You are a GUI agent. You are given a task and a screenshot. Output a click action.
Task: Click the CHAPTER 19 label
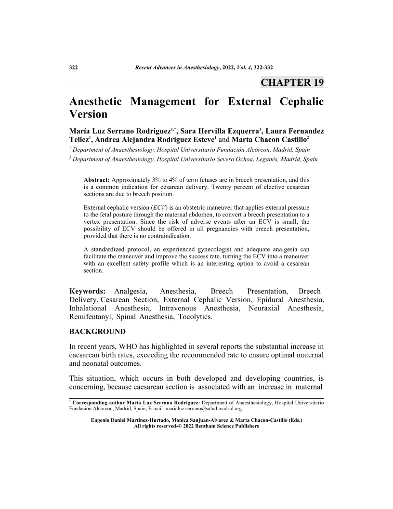[292, 82]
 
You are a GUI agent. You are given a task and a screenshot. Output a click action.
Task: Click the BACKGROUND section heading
[97, 332]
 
